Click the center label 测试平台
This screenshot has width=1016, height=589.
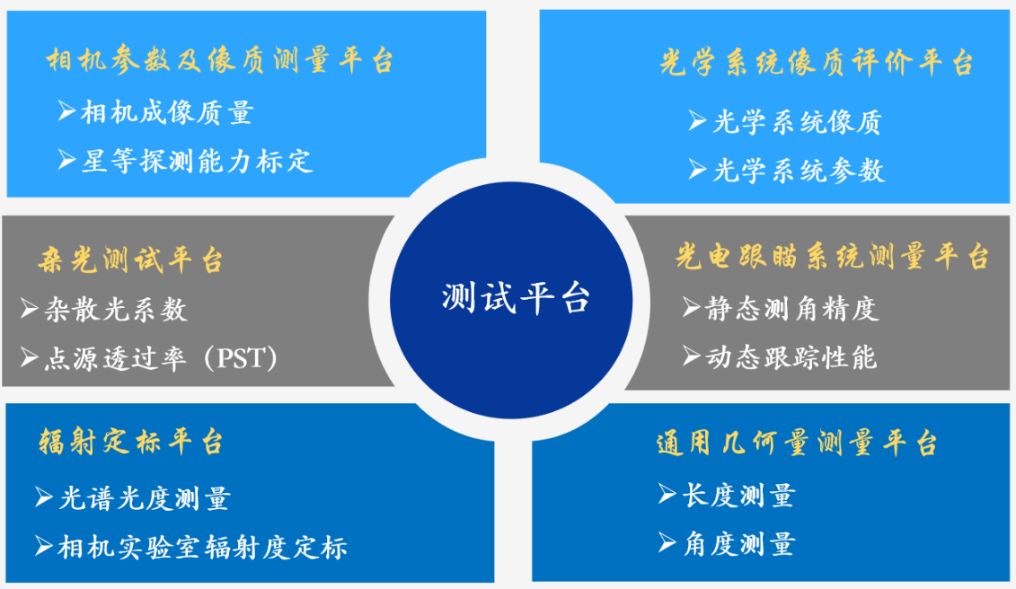click(516, 299)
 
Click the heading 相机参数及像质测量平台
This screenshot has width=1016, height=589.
click(220, 60)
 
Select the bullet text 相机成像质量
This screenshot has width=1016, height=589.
click(166, 112)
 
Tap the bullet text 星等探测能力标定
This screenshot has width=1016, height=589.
click(197, 161)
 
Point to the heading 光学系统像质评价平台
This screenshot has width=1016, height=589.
click(817, 63)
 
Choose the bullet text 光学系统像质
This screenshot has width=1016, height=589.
click(797, 122)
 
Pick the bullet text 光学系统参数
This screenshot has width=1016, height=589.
click(799, 171)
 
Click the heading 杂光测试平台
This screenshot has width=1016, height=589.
click(130, 260)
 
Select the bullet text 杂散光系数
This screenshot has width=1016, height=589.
click(115, 309)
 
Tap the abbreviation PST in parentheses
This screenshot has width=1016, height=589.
click(241, 357)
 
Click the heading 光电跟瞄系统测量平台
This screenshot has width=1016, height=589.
click(832, 257)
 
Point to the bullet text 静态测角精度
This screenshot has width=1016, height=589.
click(791, 309)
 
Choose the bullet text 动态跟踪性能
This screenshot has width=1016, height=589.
click(791, 357)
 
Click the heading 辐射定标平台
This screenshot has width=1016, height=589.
click(131, 442)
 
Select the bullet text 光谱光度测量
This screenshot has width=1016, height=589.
click(145, 498)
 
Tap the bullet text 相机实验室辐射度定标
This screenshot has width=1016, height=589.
click(202, 547)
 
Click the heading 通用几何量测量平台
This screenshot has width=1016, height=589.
click(797, 444)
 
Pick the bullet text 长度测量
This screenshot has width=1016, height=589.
click(738, 496)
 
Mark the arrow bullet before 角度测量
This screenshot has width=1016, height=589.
click(667, 542)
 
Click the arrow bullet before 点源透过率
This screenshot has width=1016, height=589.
click(29, 357)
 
